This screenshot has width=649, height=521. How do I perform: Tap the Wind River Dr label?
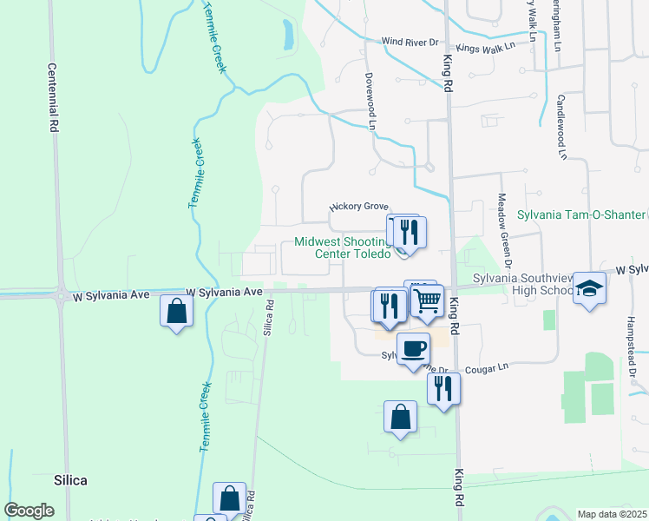pyautogui.click(x=410, y=42)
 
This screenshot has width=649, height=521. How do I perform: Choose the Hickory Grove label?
pyautogui.click(x=358, y=207)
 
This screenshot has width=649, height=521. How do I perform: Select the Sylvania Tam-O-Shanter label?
pyautogui.click(x=581, y=214)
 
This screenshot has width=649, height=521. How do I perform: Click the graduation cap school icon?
pyautogui.click(x=589, y=289)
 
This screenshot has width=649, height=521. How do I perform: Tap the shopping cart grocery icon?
pyautogui.click(x=427, y=300)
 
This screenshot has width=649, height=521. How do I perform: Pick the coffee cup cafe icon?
pyautogui.click(x=413, y=348)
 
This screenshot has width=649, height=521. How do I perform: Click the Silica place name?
pyautogui.click(x=70, y=479)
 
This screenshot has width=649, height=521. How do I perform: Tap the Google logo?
pyautogui.click(x=29, y=510)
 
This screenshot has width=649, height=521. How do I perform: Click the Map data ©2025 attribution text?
pyautogui.click(x=612, y=514)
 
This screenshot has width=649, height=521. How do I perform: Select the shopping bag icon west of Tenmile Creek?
pyautogui.click(x=176, y=310)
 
